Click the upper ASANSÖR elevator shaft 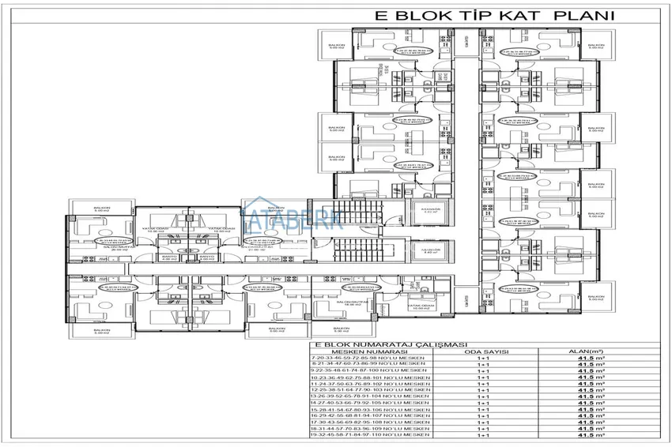429,212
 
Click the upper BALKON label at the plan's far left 100,210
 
